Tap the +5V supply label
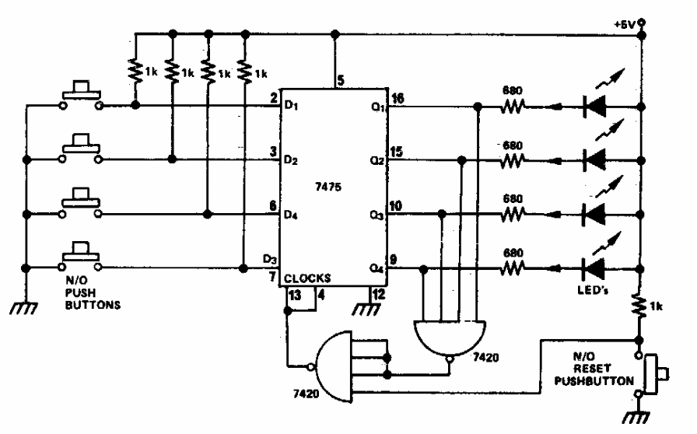(x=625, y=23)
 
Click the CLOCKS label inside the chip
(x=309, y=278)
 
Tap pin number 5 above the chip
(x=341, y=79)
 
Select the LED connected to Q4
(x=595, y=270)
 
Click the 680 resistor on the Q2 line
(x=511, y=162)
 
